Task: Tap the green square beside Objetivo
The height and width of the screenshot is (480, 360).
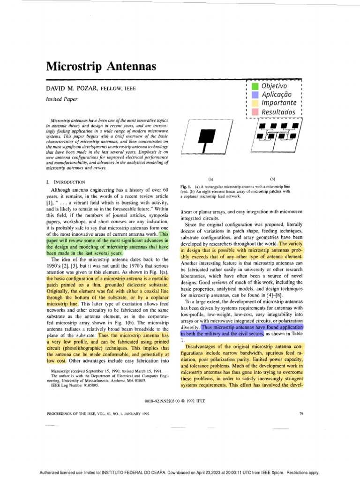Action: coord(255,87)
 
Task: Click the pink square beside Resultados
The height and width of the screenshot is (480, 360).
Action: coord(255,112)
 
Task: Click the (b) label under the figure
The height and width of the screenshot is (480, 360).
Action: coord(273,179)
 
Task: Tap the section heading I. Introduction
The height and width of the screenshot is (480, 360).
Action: coord(69,181)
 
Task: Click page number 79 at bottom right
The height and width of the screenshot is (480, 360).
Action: coord(300,414)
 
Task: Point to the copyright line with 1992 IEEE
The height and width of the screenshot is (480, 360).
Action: coord(180,401)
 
